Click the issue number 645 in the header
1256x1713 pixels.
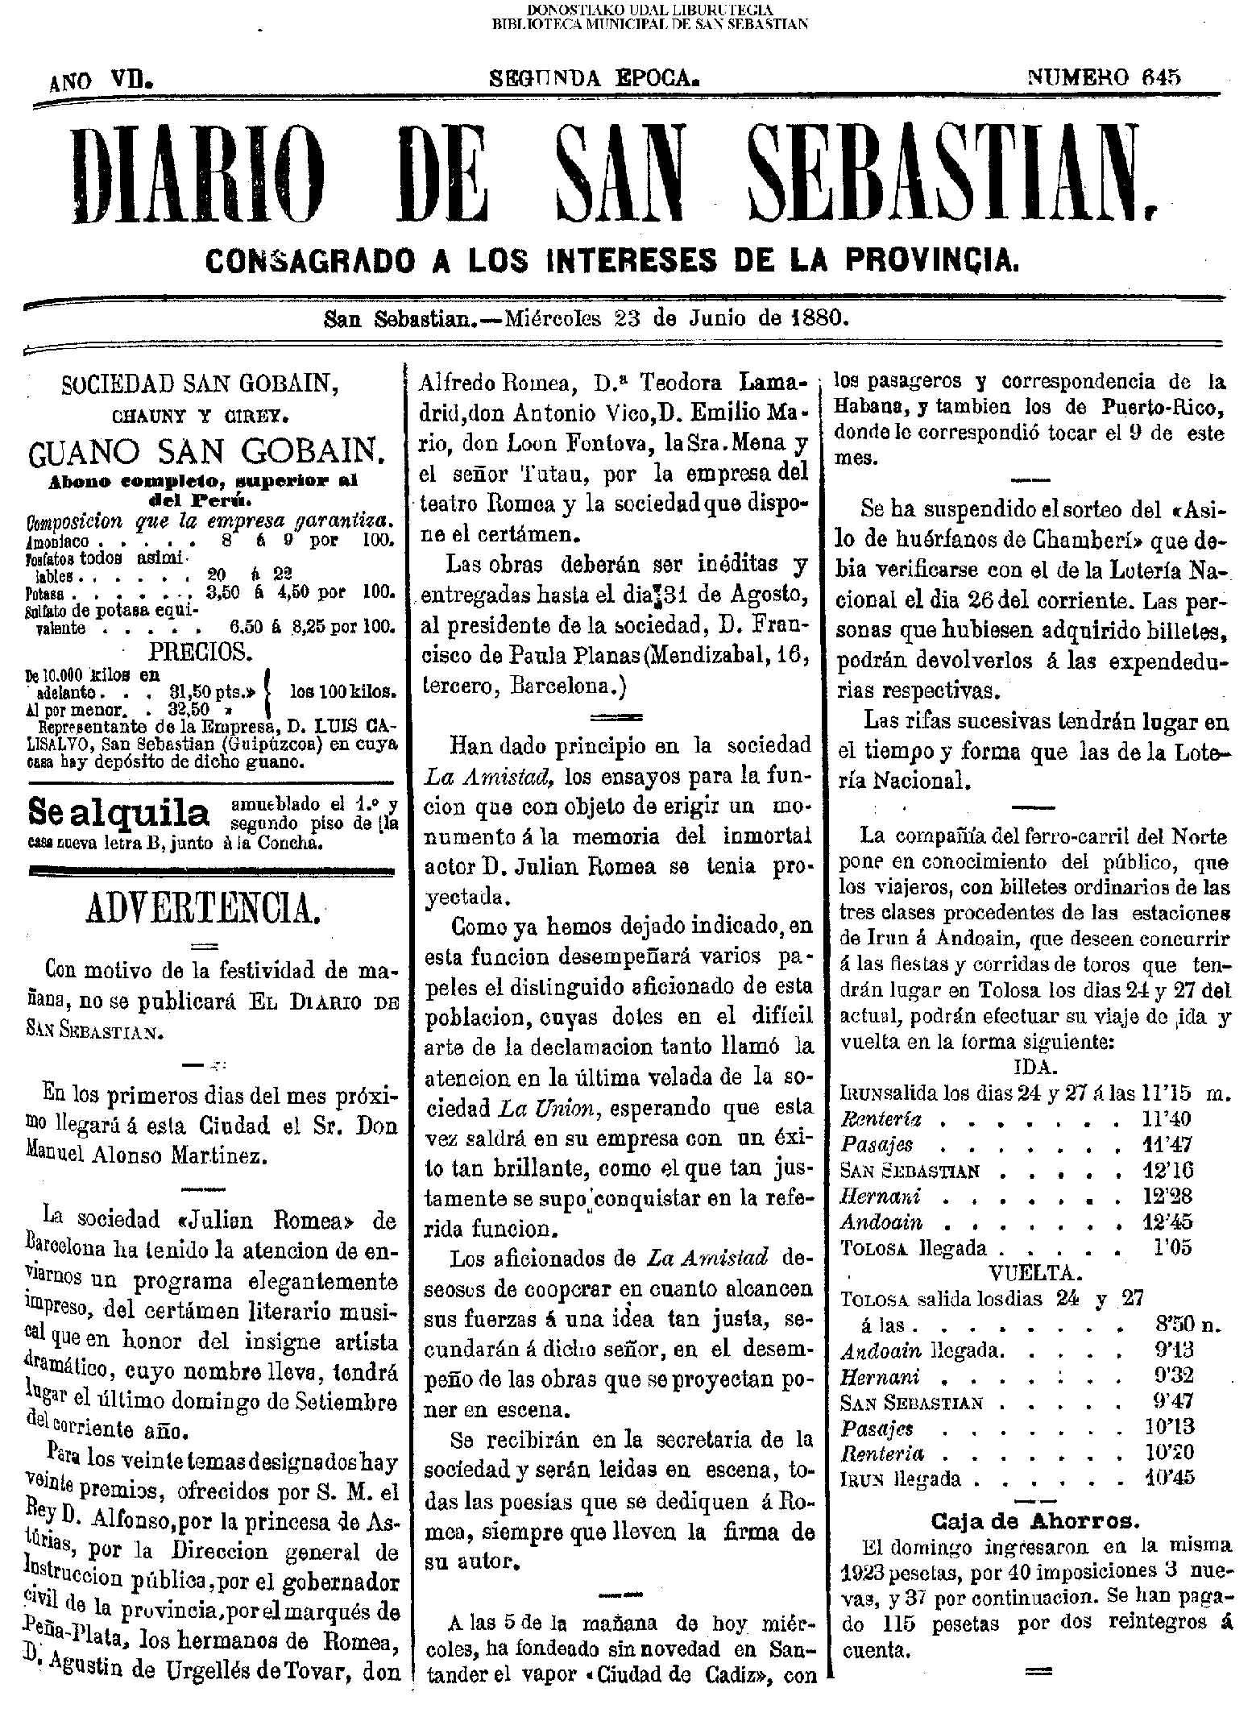[1161, 77]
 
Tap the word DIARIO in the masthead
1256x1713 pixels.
[197, 175]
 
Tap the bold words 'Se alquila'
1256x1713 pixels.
[118, 815]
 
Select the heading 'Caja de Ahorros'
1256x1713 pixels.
[1034, 1520]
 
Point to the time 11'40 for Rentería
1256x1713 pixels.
[1167, 1119]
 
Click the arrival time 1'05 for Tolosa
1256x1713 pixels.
[1172, 1248]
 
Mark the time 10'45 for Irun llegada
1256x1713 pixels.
[1168, 1479]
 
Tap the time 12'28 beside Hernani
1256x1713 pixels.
[1167, 1197]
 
